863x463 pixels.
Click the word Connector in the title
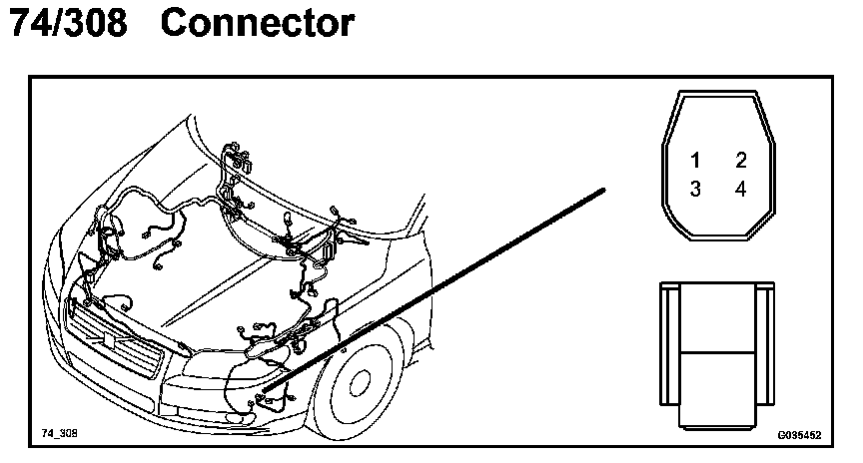[x=257, y=24]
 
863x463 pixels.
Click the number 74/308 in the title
[x=67, y=24]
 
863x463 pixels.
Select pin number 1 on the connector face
[x=695, y=161]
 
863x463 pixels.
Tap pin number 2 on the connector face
[x=741, y=161]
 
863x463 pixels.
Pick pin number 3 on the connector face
[x=695, y=190]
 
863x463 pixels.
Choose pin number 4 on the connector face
[x=741, y=190]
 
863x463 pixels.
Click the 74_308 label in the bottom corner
[x=59, y=434]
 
